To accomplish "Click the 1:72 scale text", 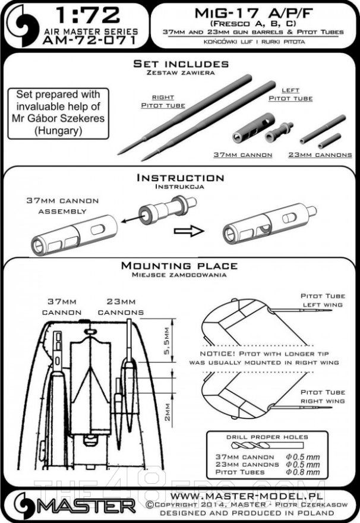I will [x=89, y=15].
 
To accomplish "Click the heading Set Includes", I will [x=180, y=64].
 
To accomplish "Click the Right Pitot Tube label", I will [x=163, y=102].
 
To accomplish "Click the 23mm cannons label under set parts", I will [x=321, y=155].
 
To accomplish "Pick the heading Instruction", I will [x=180, y=178].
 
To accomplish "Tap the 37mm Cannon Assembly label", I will [x=62, y=206].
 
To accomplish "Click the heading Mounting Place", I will [x=179, y=266].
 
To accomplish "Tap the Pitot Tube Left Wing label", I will [x=323, y=300].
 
